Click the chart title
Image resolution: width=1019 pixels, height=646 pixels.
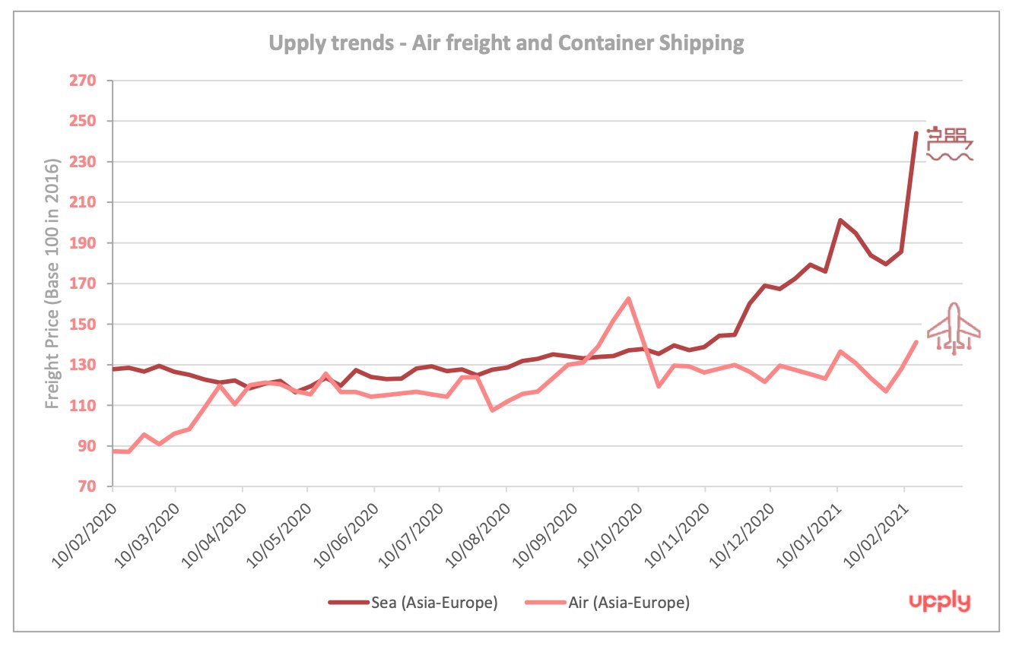tap(505, 43)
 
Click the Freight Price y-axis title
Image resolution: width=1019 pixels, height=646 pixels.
tap(52, 283)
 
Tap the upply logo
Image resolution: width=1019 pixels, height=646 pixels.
tap(940, 602)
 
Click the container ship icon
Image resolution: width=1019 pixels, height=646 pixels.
tap(950, 144)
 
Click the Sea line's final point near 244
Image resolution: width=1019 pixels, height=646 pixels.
tap(916, 133)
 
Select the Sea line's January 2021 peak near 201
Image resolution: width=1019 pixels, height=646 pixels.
tap(839, 220)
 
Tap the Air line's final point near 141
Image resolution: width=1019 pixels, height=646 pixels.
tap(916, 342)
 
